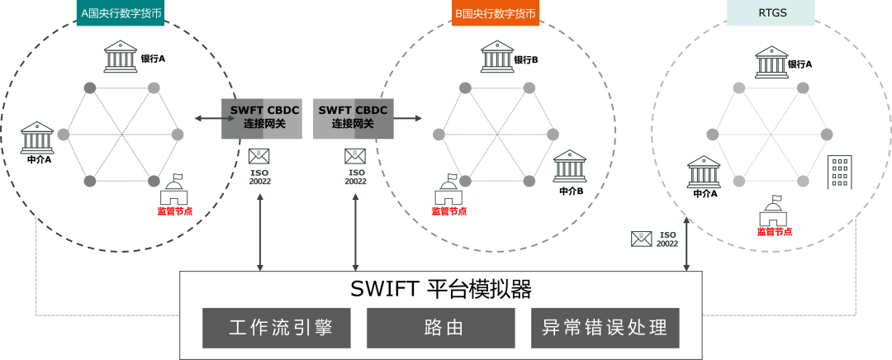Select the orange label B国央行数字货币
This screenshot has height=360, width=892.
click(x=496, y=13)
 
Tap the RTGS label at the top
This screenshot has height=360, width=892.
click(x=770, y=12)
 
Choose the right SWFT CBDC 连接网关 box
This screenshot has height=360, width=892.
click(x=353, y=118)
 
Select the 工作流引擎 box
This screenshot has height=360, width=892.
click(x=277, y=328)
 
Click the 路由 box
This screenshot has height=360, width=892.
click(x=440, y=328)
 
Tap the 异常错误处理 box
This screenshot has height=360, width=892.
click(x=605, y=328)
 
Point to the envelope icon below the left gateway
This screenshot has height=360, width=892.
click(x=259, y=155)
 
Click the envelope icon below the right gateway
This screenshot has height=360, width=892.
click(x=356, y=155)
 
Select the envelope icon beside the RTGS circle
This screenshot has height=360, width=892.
click(x=642, y=239)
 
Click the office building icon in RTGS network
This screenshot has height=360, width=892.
click(x=839, y=172)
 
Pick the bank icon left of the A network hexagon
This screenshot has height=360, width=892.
click(x=37, y=137)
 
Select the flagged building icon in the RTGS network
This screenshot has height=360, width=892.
click(x=774, y=211)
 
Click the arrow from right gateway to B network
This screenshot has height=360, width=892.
click(x=409, y=119)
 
